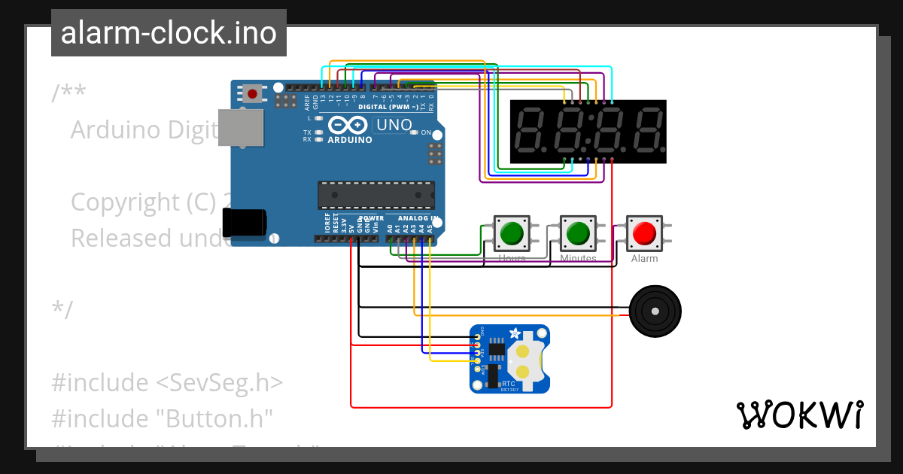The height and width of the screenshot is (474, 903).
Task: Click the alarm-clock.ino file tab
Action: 169,34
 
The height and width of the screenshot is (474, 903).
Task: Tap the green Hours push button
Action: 512,233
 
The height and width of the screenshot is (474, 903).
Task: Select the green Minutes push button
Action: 578,233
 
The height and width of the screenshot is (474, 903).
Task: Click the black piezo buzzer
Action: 655,311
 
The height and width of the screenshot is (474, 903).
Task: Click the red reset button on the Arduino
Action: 253,94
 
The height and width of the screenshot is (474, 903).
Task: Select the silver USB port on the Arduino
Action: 241,127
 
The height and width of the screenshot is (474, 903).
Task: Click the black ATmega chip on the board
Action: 375,195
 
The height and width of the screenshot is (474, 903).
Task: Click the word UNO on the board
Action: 394,125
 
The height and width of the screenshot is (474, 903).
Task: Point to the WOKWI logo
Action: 799,415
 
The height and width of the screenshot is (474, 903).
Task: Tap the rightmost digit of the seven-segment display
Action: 646,131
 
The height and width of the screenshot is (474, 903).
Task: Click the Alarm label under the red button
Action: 644,259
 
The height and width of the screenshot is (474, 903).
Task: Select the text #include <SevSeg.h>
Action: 167,382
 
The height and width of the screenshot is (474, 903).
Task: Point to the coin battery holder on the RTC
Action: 525,360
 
